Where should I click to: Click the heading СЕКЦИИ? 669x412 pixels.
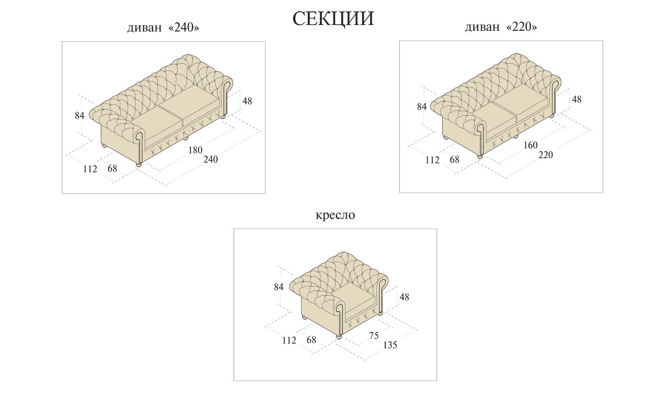tap(333, 19)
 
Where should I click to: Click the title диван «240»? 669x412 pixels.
tap(163, 28)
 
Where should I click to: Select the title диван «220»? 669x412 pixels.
tap(501, 27)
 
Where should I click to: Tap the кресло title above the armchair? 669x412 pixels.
tap(335, 215)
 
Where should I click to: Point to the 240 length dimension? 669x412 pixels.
tap(210, 160)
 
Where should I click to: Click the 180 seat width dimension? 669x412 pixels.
tap(195, 150)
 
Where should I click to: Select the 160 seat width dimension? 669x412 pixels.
tap(530, 145)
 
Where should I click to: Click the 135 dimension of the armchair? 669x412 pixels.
tap(390, 345)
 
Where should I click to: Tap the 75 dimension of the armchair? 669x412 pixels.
tap(374, 336)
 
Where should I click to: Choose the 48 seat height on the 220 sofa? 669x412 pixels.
tap(576, 99)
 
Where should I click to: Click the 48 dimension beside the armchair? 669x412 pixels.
tap(404, 297)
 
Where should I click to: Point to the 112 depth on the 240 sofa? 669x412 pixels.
tap(90, 169)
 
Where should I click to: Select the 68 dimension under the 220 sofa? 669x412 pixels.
tap(455, 160)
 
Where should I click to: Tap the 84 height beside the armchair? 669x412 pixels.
tap(279, 287)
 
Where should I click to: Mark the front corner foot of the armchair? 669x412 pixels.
tap(339, 337)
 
